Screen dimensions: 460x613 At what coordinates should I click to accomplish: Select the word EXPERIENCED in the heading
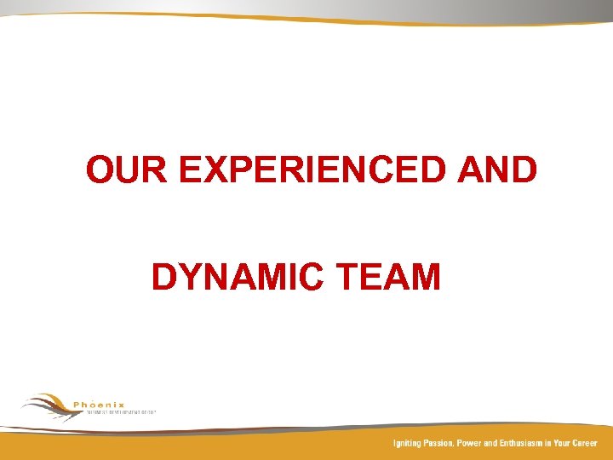coord(313,170)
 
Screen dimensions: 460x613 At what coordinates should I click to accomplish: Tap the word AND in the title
coord(498,170)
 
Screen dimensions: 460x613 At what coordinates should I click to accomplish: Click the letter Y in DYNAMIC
coord(186,278)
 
